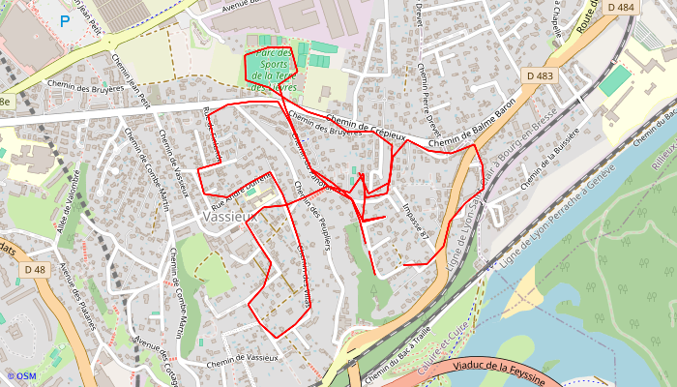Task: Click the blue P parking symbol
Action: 65,19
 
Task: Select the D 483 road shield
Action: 542,75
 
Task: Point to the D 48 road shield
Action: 36,269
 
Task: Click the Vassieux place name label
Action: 228,218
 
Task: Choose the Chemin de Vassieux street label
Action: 242,358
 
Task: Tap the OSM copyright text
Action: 20,376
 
